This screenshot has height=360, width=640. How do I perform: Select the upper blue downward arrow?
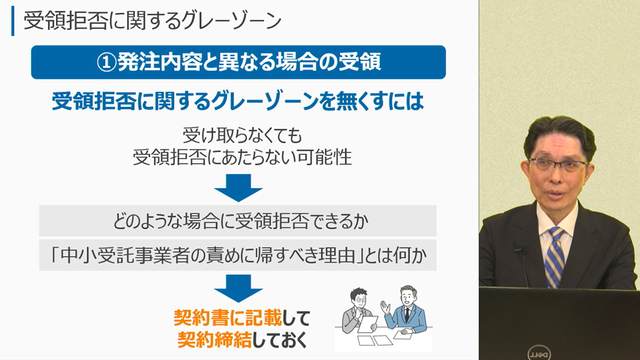click(x=238, y=187)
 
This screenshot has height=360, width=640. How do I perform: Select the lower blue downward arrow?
click(x=238, y=288)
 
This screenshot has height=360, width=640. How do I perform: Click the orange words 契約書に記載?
click(x=227, y=317)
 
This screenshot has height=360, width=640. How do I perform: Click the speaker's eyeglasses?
click(x=558, y=164)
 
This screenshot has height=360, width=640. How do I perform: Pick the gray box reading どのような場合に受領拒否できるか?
click(x=237, y=220)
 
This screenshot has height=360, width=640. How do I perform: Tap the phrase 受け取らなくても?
click(x=242, y=135)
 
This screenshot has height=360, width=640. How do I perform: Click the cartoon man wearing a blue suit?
click(x=407, y=310)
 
